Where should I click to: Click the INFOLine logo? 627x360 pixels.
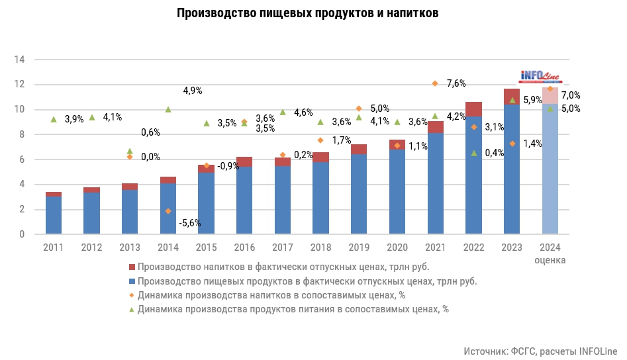click(540, 76)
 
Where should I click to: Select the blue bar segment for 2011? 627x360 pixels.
click(54, 215)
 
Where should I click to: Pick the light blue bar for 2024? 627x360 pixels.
click(550, 172)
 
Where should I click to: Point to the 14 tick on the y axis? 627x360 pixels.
click(20, 60)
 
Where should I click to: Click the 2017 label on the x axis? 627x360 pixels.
click(283, 247)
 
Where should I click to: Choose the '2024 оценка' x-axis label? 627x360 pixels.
click(550, 253)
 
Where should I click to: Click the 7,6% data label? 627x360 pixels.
click(456, 83)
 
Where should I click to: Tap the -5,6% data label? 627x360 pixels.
click(190, 223)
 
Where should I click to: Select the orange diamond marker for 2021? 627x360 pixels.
click(435, 83)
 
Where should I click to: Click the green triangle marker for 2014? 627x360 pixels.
click(168, 109)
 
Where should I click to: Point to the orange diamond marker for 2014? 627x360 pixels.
click(168, 211)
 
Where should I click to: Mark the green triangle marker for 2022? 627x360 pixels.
click(473, 153)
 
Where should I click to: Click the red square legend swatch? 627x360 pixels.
click(131, 267)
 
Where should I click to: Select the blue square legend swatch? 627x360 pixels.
click(131, 281)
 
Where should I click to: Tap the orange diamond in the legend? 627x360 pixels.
click(131, 295)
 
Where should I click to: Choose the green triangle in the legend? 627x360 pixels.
click(131, 308)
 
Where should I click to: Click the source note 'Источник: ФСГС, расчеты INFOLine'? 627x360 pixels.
click(540, 350)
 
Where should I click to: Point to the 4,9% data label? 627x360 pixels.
click(193, 91)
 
